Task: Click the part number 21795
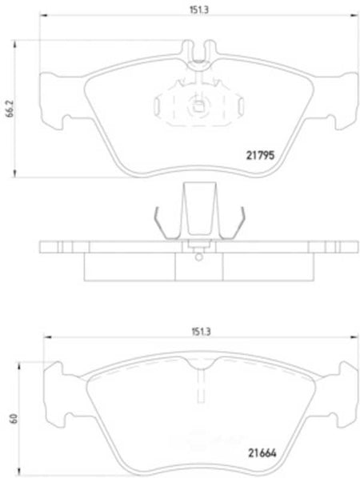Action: point(260,156)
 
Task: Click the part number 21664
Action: point(262,453)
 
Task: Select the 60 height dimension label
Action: point(14,418)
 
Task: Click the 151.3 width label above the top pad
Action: point(199,10)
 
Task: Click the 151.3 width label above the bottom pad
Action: point(201,332)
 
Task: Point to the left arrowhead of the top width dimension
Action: point(44,14)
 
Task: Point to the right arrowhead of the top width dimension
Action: point(354,14)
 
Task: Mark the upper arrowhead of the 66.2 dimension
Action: point(14,45)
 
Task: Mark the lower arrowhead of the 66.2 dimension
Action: point(14,173)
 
